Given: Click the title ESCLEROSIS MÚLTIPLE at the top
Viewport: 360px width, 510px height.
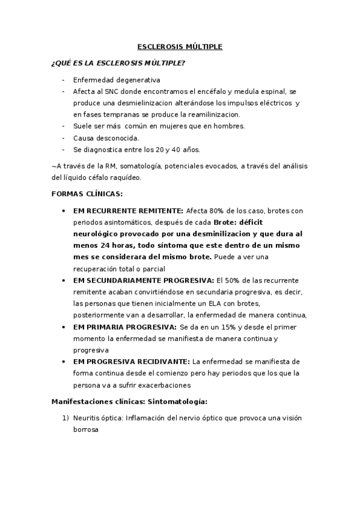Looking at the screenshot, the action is coord(180,46).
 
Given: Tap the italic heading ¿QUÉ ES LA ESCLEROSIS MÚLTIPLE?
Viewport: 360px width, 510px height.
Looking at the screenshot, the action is coord(118,63).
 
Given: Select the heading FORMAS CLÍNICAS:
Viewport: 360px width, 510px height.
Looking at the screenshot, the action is coord(88,194).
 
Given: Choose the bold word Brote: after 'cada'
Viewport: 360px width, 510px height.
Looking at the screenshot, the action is coord(227,223).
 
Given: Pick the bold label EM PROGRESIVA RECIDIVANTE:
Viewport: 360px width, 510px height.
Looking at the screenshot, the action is coord(130,361).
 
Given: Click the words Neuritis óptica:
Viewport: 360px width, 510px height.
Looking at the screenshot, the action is coord(99,419).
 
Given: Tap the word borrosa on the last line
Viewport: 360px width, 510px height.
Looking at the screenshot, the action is coord(85,431).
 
